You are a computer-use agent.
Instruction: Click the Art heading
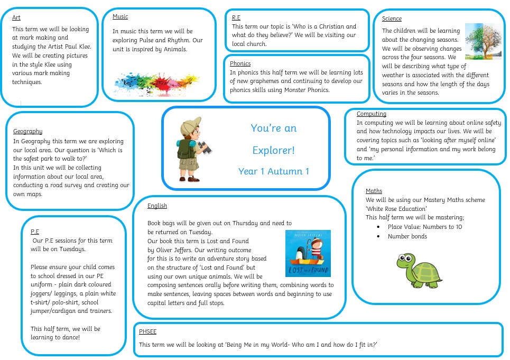pyautogui.click(x=16, y=17)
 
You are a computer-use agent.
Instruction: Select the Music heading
pyautogui.click(x=120, y=16)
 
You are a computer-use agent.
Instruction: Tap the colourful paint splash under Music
pyautogui.click(x=157, y=84)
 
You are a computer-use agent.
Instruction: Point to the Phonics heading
pyautogui.click(x=240, y=63)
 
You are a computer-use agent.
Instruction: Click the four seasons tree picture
pyautogui.click(x=484, y=41)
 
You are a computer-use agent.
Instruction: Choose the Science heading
pyautogui.click(x=392, y=19)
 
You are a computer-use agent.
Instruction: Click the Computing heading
pyautogui.click(x=372, y=114)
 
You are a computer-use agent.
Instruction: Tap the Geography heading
pyautogui.click(x=27, y=131)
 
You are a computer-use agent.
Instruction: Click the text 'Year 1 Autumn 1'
pyautogui.click(x=274, y=171)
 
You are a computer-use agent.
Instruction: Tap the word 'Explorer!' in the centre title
pyautogui.click(x=274, y=150)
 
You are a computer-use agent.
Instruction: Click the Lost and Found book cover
pyautogui.click(x=308, y=253)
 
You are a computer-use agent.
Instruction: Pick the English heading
pyautogui.click(x=157, y=206)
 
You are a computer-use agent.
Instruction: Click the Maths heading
pyautogui.click(x=374, y=191)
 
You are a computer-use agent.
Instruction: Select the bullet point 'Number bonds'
pyautogui.click(x=407, y=236)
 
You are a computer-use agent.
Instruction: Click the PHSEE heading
pyautogui.click(x=147, y=331)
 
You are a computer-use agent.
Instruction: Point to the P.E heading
pyautogui.click(x=35, y=232)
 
